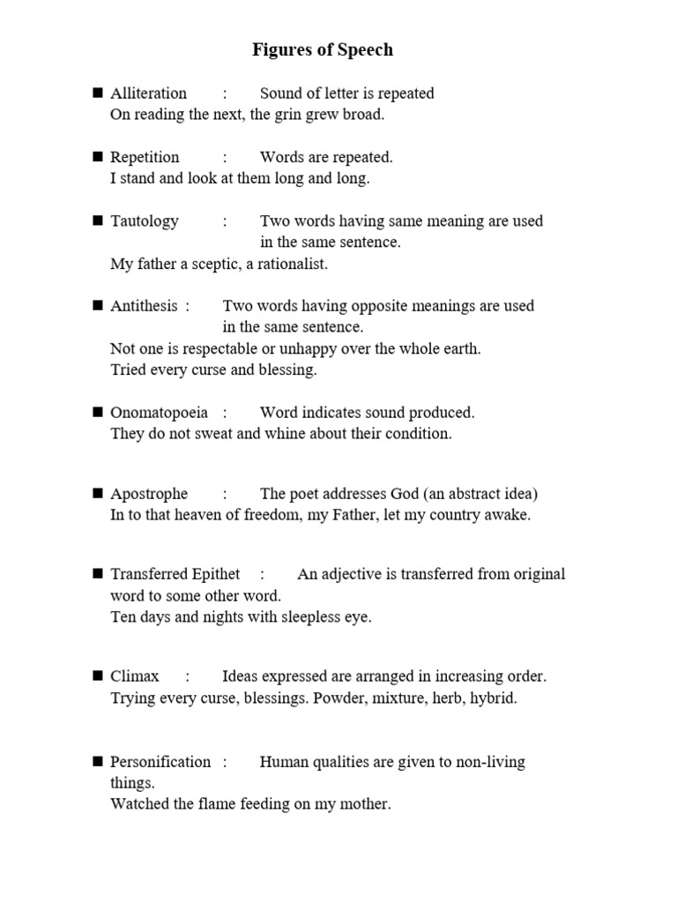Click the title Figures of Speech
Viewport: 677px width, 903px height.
[323, 50]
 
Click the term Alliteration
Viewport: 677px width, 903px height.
[148, 93]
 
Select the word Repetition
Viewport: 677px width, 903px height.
[145, 158]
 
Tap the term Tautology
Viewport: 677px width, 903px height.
[145, 221]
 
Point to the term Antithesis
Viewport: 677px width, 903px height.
[144, 306]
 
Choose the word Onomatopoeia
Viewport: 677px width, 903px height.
[159, 413]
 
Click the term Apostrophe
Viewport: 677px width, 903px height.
[149, 494]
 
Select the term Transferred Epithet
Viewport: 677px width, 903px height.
[175, 575]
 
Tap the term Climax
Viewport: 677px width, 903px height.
[135, 676]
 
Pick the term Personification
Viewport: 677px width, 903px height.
[160, 762]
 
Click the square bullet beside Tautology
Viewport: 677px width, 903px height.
[98, 220]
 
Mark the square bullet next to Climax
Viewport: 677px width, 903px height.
[98, 676]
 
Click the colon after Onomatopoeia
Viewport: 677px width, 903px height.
[226, 413]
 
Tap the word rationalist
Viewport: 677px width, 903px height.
[290, 264]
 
